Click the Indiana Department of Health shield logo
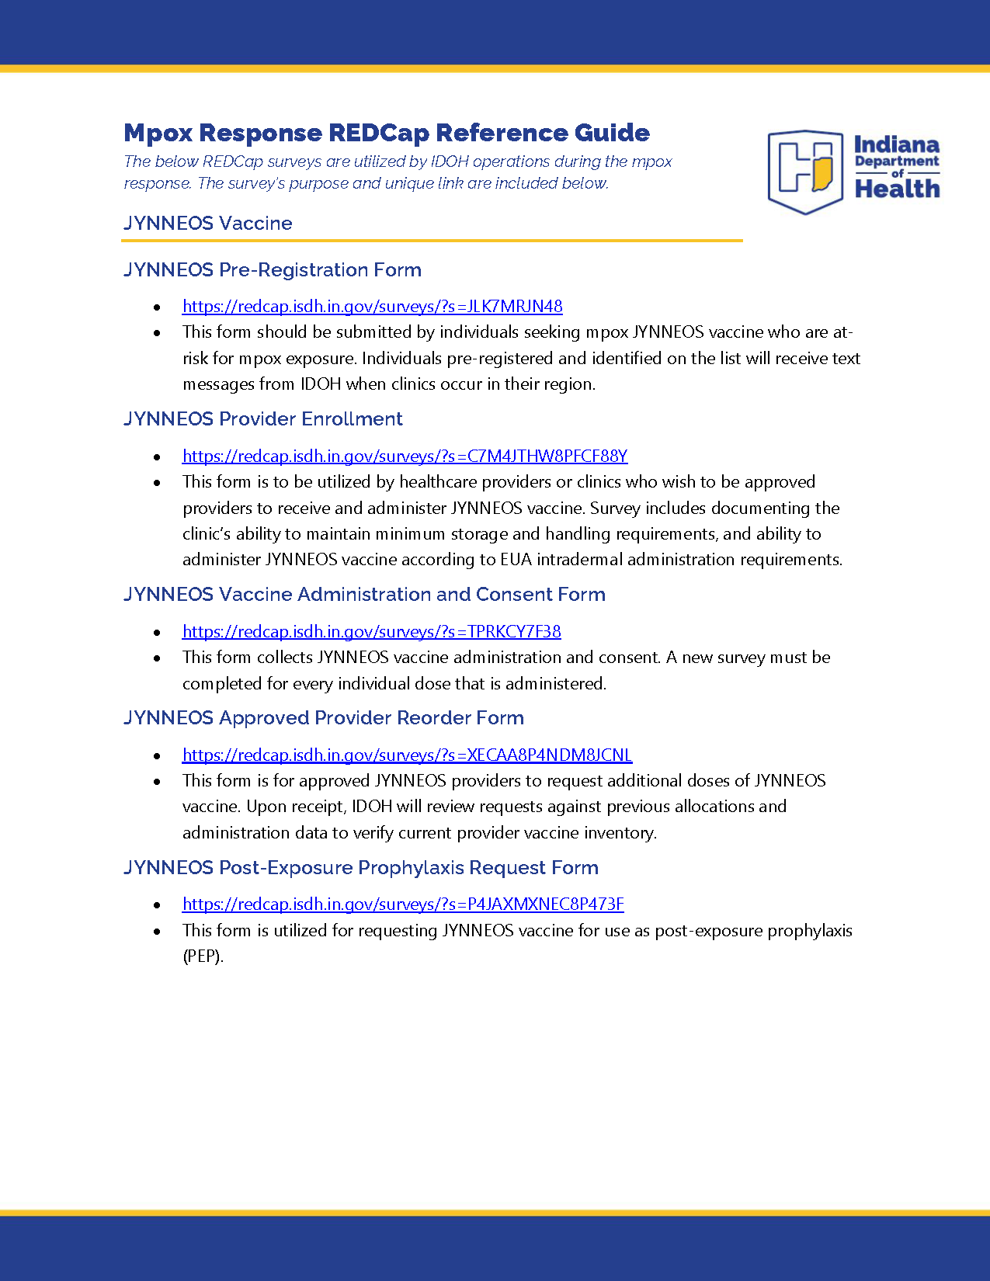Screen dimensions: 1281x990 click(805, 172)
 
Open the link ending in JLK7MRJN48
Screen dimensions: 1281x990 click(372, 307)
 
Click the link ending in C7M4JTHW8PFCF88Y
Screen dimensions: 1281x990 click(405, 457)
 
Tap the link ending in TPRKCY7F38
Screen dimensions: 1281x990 click(371, 632)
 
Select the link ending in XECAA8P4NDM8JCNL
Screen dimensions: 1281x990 click(407, 755)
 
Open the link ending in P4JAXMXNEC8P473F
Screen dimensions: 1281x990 click(403, 904)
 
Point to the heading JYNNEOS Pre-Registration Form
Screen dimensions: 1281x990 click(273, 270)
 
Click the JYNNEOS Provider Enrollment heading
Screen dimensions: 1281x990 click(263, 419)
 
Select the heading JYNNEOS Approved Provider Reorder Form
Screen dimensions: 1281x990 click(324, 718)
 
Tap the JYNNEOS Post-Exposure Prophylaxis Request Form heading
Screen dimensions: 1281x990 click(361, 868)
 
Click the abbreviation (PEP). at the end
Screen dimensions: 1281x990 click(203, 956)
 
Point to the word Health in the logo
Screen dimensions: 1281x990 click(897, 189)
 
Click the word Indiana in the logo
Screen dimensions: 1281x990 click(897, 145)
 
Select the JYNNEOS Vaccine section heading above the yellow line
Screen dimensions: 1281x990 click(208, 224)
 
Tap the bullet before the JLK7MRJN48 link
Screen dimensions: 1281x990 click(158, 307)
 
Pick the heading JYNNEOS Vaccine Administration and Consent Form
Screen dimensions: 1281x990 click(364, 595)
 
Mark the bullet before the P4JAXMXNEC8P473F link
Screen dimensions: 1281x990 click(158, 905)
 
